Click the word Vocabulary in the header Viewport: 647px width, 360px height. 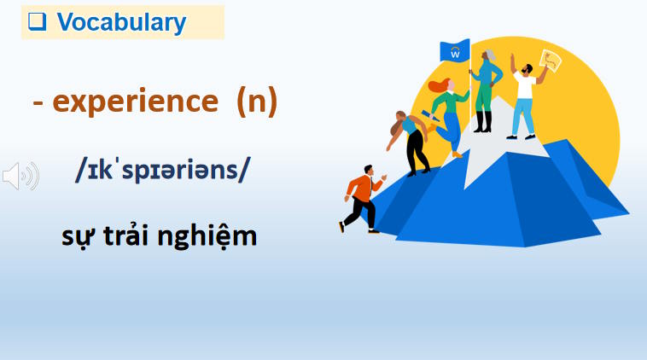(x=121, y=23)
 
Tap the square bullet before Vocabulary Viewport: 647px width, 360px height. (x=36, y=23)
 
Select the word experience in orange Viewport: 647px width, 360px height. (x=135, y=103)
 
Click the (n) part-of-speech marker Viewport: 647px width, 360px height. (x=257, y=103)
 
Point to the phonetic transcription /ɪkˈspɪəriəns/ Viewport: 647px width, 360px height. (x=163, y=171)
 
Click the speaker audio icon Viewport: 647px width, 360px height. (x=20, y=176)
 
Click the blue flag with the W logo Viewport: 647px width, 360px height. (x=455, y=52)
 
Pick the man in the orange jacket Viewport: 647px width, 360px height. (x=363, y=197)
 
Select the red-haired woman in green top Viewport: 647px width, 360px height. (x=449, y=107)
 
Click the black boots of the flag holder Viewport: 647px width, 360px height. (x=483, y=122)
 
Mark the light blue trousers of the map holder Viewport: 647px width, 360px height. (x=522, y=119)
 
